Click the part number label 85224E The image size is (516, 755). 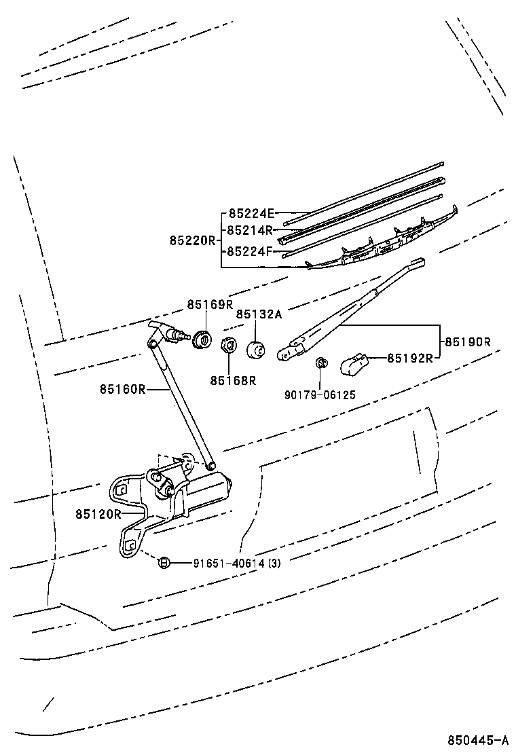(x=251, y=213)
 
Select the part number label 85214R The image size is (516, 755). (x=249, y=229)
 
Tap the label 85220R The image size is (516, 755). (x=192, y=240)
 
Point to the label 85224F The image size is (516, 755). (x=249, y=251)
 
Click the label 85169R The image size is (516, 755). (x=210, y=304)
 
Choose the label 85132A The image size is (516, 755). (x=259, y=314)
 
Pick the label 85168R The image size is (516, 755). (x=233, y=380)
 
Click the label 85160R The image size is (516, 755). (x=123, y=389)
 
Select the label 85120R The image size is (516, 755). (x=98, y=513)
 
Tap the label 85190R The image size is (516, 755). (x=467, y=342)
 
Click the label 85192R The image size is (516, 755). (x=410, y=358)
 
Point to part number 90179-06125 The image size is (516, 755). (x=320, y=394)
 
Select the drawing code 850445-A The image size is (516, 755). (x=477, y=739)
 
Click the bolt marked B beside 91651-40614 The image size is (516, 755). (x=164, y=561)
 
